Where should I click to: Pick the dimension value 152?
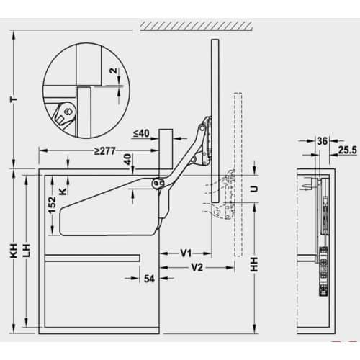pos(50,207)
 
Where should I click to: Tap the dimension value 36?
pos(321,141)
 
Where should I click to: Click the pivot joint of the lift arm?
pos(156,183)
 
